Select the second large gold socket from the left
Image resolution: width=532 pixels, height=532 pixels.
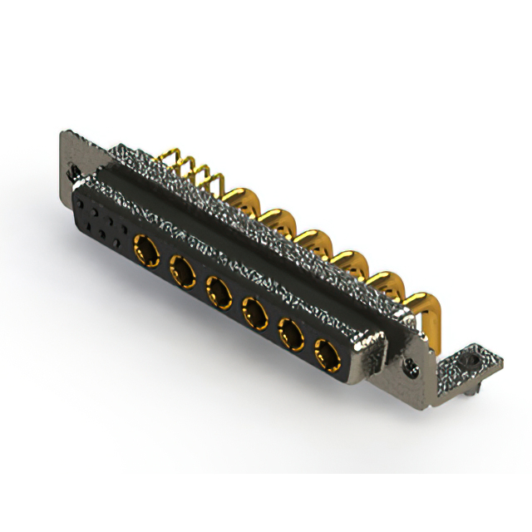coord(182,268)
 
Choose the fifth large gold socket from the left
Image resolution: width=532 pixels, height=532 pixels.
coord(289,336)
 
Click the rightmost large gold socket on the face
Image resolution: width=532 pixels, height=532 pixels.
coord(324,358)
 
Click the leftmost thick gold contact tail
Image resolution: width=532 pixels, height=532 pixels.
coord(234,199)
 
